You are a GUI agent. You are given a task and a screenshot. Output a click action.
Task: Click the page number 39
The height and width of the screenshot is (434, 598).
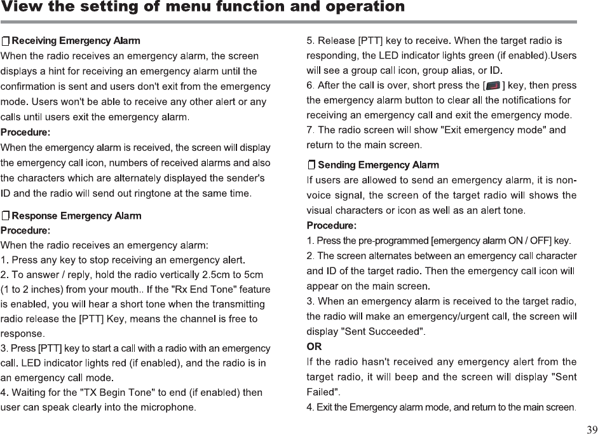pos(591,428)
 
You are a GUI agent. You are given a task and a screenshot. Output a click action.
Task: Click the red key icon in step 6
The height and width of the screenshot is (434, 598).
pos(493,85)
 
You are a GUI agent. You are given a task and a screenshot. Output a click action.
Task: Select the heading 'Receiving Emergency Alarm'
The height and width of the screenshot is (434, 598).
pos(76,41)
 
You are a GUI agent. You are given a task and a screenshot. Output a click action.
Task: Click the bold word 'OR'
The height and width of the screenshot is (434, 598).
pos(314,347)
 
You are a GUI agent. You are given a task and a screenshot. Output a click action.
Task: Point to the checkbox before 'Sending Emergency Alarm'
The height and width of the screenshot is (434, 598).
pos(311,165)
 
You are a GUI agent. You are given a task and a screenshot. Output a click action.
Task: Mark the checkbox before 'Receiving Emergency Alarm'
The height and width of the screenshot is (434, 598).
pos(6,41)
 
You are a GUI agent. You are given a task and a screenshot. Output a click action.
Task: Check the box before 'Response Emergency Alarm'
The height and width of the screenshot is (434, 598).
pos(6,216)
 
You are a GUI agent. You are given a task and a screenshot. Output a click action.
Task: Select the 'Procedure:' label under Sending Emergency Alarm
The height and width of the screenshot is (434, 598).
pos(332,225)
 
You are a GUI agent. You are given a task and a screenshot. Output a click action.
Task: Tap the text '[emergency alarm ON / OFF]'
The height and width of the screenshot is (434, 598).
pos(491,241)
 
